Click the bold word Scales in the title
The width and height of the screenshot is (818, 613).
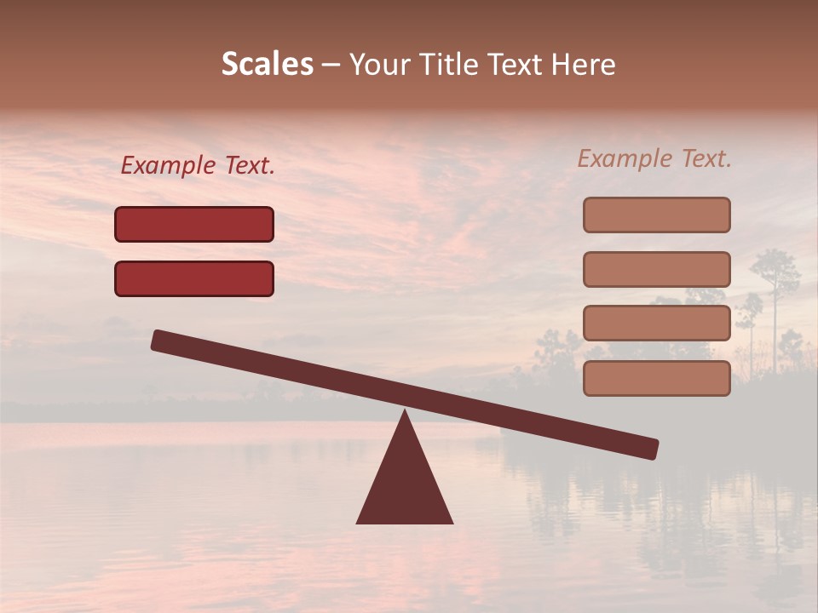pos(267,65)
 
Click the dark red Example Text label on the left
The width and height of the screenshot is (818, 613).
pos(198,166)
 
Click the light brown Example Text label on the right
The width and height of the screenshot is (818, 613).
pos(654,158)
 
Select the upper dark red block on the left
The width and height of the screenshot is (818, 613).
pos(194,225)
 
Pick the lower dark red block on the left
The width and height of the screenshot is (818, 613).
pos(194,279)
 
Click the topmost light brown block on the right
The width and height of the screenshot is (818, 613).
pos(656,215)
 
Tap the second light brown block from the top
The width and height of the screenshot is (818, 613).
pos(656,270)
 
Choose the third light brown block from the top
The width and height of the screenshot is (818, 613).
pos(656,324)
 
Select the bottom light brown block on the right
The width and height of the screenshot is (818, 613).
pos(656,379)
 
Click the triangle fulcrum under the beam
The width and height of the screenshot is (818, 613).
pos(405,485)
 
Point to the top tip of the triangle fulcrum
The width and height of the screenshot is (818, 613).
pos(405,412)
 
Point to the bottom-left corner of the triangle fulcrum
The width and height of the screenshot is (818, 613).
pos(358,522)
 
